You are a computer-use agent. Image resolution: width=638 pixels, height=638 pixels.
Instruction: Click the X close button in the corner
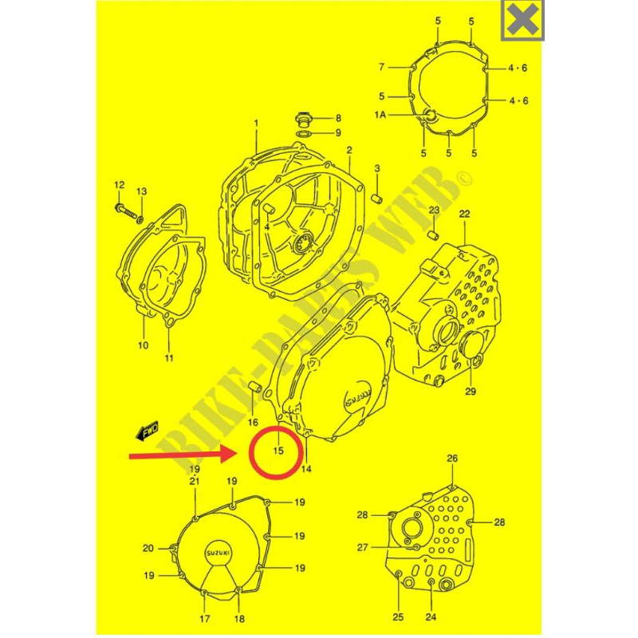click(x=523, y=21)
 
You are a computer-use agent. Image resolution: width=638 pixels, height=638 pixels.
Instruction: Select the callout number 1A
click(x=380, y=116)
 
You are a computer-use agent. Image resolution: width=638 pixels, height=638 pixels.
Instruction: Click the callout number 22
click(x=464, y=214)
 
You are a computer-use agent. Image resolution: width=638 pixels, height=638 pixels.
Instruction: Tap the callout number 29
click(x=470, y=391)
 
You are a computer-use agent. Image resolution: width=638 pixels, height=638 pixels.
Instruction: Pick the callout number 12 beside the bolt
click(x=119, y=186)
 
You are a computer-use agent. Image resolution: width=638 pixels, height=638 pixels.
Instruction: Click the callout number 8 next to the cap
click(x=337, y=117)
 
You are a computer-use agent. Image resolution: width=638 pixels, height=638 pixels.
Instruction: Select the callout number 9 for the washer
click(x=337, y=132)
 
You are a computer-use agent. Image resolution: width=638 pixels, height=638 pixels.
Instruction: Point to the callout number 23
click(x=434, y=210)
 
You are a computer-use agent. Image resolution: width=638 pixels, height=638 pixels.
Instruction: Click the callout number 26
click(x=452, y=459)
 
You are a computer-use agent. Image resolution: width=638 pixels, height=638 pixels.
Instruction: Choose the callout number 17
click(x=204, y=619)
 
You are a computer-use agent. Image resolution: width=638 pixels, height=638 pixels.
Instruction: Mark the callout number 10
click(x=143, y=345)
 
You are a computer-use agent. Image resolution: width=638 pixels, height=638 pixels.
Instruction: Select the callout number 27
click(x=362, y=548)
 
